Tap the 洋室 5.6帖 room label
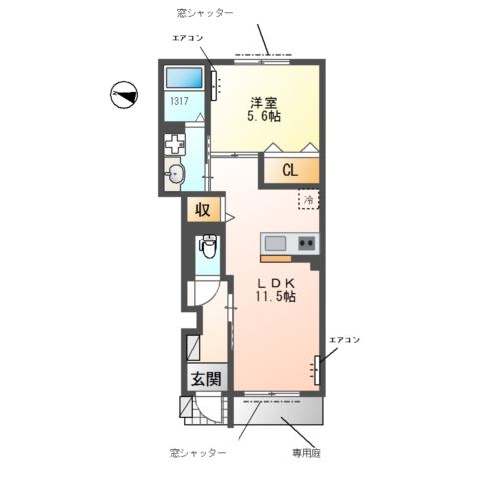(x=263, y=109)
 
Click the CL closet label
(x=290, y=170)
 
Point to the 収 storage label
(x=202, y=211)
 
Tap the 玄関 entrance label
(x=205, y=379)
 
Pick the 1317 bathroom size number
(x=180, y=102)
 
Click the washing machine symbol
(x=176, y=144)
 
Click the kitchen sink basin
(x=276, y=242)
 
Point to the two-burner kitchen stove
(x=306, y=242)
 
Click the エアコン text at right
(x=344, y=339)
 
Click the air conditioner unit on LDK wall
(x=318, y=369)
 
